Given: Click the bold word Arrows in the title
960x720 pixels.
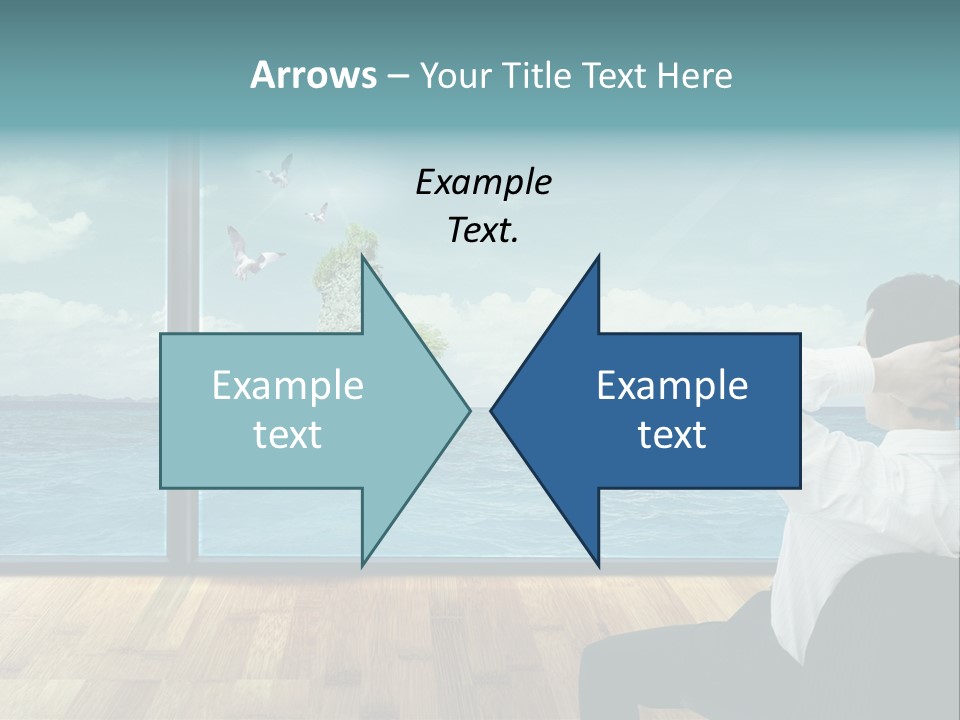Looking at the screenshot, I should pos(313,75).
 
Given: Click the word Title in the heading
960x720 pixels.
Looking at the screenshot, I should pos(536,76).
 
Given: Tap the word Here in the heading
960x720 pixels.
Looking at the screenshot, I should pos(694,76).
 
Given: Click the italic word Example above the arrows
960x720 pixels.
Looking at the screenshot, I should pos(483,183).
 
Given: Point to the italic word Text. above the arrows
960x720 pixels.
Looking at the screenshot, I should pos(483,230).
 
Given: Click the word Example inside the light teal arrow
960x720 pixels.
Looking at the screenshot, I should pos(287,386).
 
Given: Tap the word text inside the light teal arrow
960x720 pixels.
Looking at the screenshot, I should pos(287,435).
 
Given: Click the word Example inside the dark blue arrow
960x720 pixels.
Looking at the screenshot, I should pos(672,386).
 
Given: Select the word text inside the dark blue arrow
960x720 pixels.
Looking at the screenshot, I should pos(672,435).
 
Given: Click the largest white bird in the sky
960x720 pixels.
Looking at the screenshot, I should pos(250,255).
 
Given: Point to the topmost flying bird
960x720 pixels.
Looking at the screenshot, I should pos(276,171).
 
